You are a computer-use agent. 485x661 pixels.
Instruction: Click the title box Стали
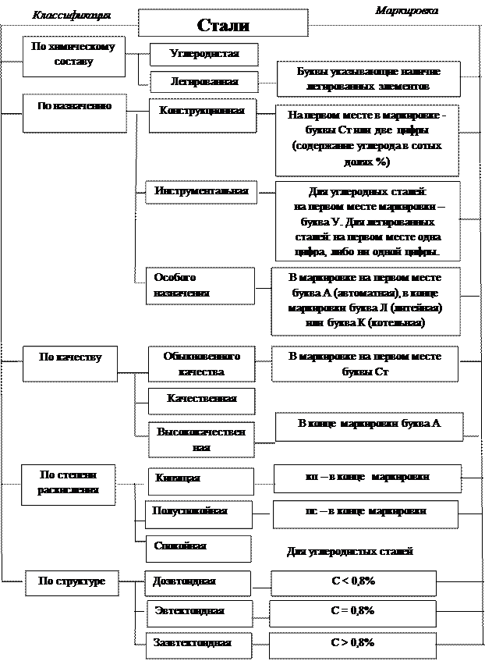223,25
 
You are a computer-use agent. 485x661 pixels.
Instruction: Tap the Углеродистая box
204,54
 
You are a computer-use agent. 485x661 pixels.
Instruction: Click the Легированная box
204,81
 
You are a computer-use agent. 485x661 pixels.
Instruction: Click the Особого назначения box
202,286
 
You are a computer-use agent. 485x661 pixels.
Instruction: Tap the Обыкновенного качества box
201,364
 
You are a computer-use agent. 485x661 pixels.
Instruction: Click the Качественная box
201,400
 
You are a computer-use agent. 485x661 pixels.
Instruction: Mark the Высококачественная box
201,439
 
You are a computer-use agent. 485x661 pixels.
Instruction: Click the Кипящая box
200,478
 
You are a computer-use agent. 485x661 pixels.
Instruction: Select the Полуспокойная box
200,513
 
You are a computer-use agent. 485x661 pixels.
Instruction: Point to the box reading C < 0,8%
352,582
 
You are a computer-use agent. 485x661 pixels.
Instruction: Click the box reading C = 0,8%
352,611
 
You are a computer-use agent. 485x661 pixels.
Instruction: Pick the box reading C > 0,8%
352,644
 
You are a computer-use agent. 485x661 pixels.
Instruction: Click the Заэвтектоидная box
200,645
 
